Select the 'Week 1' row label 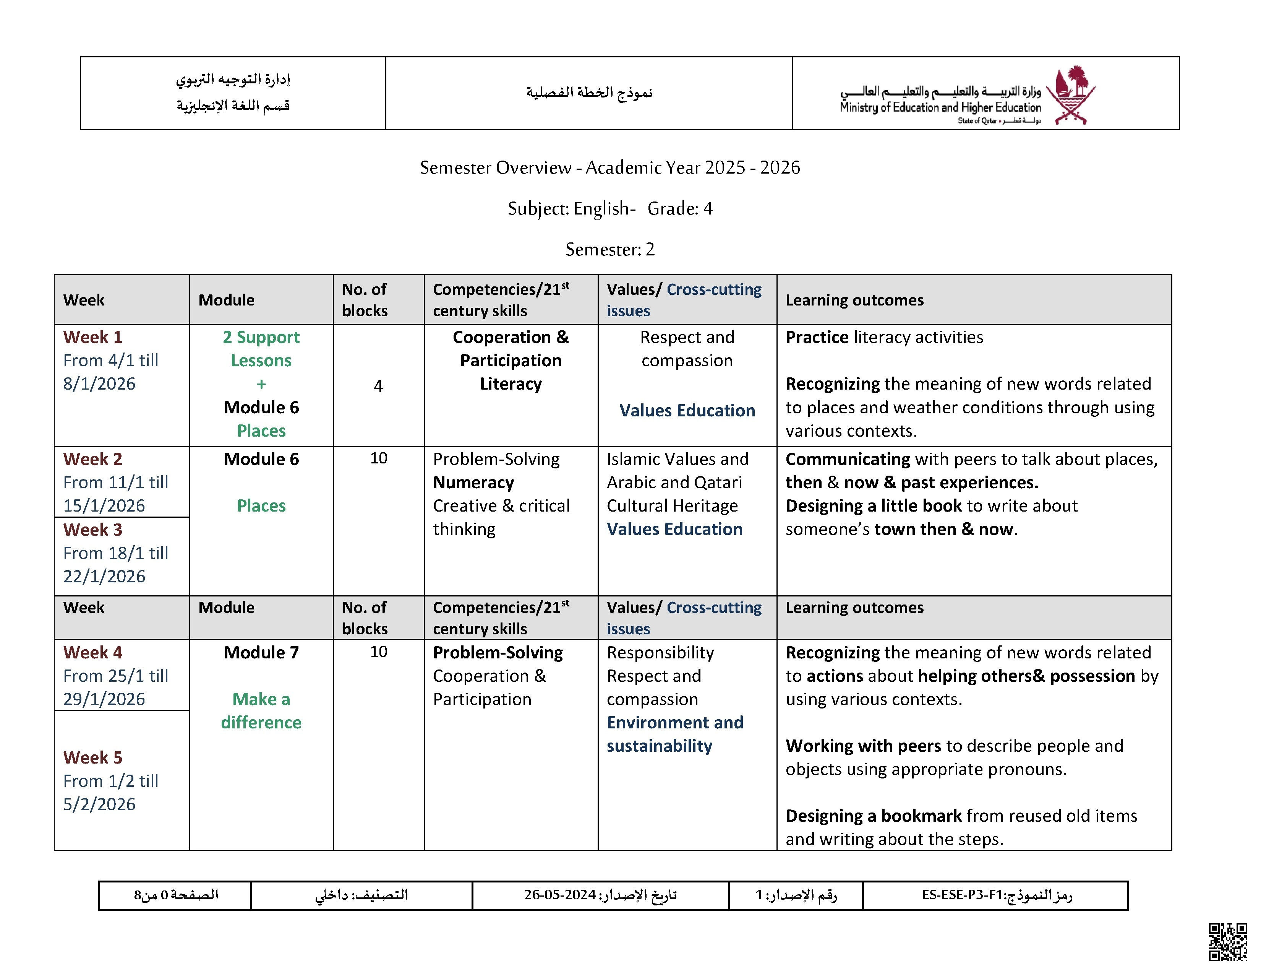tap(92, 337)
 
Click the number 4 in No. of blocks tap(378, 386)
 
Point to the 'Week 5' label tap(92, 757)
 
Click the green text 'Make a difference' tap(261, 711)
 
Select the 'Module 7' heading tap(261, 653)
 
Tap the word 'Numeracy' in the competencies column tap(473, 482)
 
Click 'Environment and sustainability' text tap(674, 734)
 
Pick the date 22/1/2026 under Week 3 tap(104, 577)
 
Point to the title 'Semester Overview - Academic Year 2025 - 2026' tap(610, 167)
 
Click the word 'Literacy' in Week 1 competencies tap(511, 384)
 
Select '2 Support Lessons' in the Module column tap(261, 349)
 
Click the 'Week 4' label tap(92, 653)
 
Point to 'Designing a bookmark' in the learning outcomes tap(873, 816)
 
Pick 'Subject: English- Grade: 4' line tap(610, 208)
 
